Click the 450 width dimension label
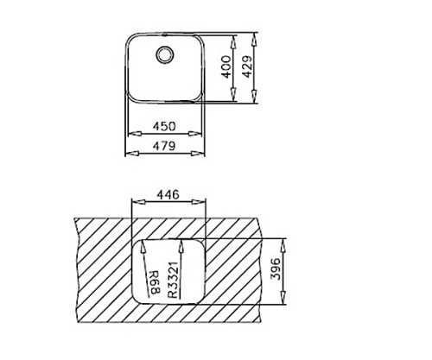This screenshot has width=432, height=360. [164, 126]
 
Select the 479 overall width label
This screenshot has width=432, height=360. [164, 146]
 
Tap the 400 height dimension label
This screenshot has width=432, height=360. [226, 66]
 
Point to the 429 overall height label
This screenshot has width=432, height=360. [247, 66]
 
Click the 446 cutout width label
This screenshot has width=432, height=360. [168, 195]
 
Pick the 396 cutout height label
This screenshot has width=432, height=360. [276, 269]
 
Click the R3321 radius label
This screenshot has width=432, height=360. [173, 280]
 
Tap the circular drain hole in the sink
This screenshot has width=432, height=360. [165, 54]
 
